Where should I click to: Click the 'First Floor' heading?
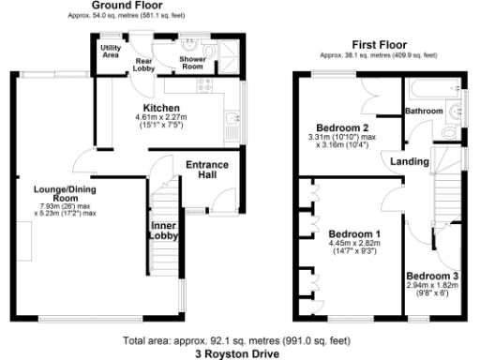click(379, 44)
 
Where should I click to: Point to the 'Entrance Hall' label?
click(206, 170)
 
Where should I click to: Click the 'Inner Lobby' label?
click(162, 231)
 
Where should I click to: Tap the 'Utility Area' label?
click(111, 51)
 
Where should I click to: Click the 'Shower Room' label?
click(192, 64)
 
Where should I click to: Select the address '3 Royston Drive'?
click(239, 354)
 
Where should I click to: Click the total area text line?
click(239, 341)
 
